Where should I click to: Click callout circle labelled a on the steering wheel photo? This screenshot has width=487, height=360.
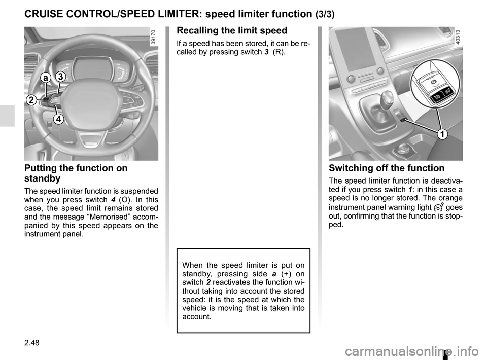[46, 78]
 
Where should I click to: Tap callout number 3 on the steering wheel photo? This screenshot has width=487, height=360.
[60, 77]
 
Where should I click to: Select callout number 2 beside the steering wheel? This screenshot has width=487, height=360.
[31, 100]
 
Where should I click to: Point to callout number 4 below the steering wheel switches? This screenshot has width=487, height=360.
[58, 119]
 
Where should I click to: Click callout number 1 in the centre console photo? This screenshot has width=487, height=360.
[442, 134]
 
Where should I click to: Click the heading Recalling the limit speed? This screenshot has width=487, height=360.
[232, 30]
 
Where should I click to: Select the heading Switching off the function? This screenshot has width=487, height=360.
[387, 168]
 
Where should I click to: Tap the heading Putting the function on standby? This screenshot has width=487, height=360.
[76, 173]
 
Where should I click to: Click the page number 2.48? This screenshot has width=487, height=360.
[31, 343]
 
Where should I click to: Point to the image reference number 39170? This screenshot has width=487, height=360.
[154, 37]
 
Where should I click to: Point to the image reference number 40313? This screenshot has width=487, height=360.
[459, 37]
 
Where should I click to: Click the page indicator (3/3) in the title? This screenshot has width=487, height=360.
[325, 14]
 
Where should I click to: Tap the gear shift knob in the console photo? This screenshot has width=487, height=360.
[386, 99]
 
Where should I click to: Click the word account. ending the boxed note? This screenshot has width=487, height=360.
[197, 317]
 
